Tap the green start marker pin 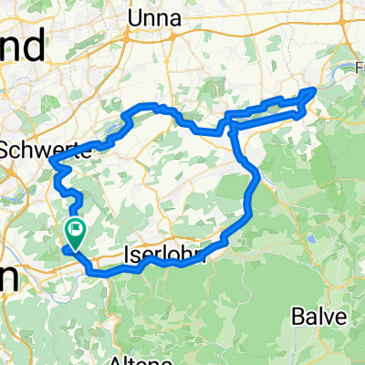click(x=76, y=234)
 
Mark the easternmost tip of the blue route click(x=316, y=89)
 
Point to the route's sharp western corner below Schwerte click(x=54, y=165)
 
